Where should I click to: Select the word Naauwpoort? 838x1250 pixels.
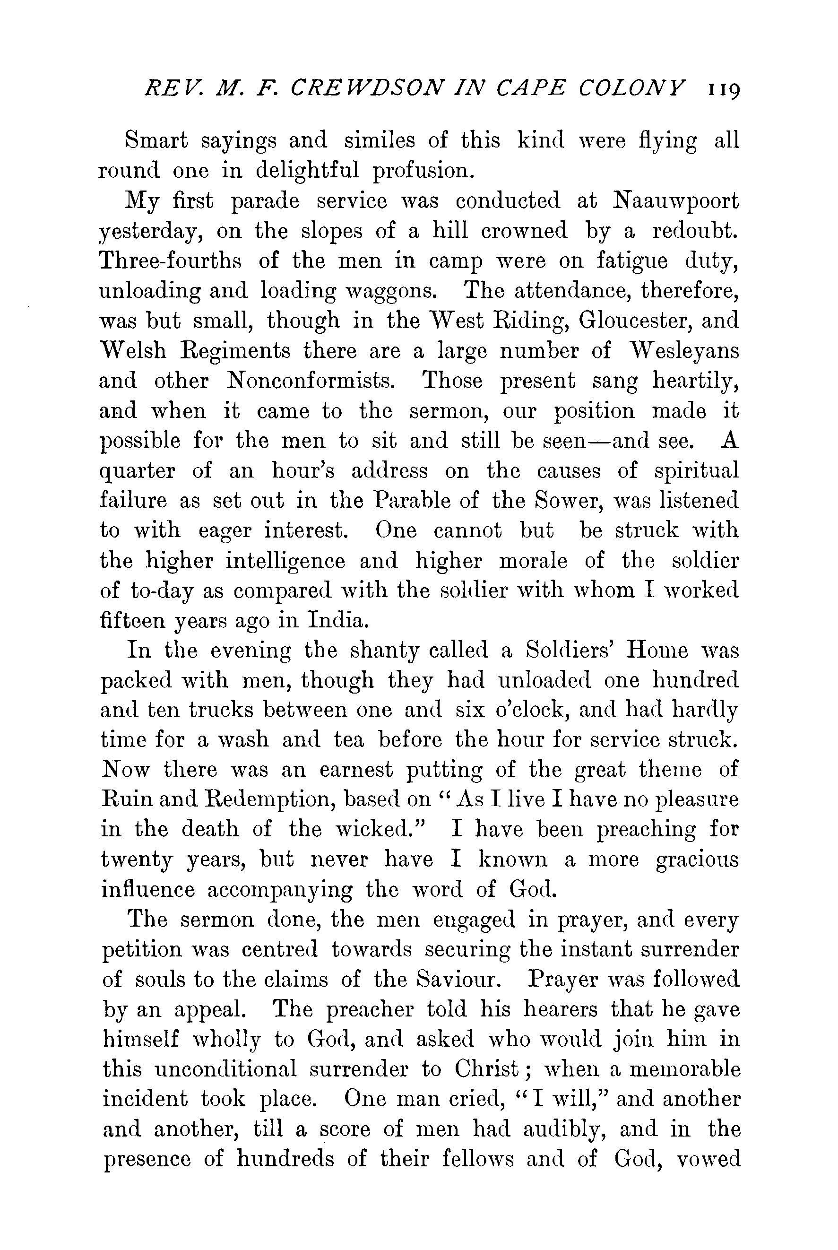pos(677,201)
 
